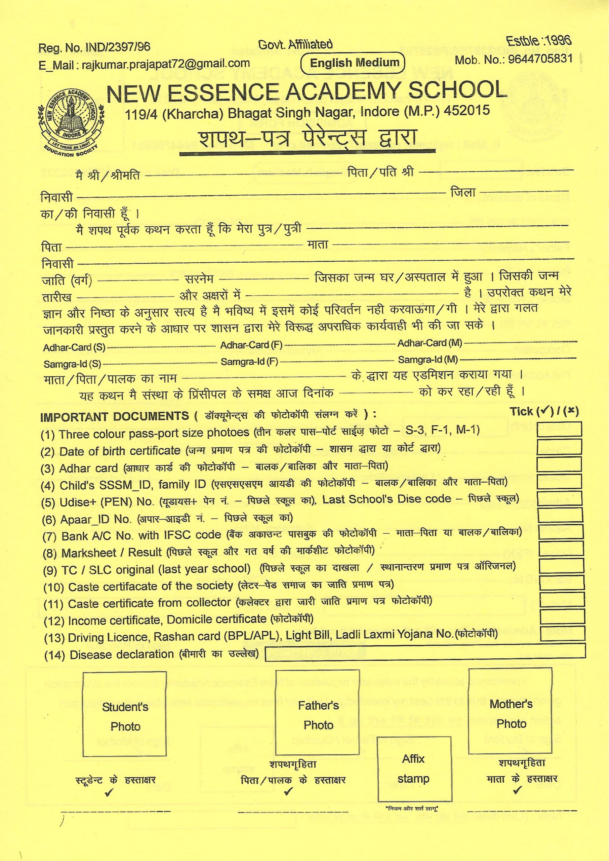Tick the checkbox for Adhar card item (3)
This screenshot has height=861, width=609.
559,464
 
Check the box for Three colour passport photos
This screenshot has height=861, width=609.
559,429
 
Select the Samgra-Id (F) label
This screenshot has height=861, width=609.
249,362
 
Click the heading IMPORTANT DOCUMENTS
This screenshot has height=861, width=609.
114,416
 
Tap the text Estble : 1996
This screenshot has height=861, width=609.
539,41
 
